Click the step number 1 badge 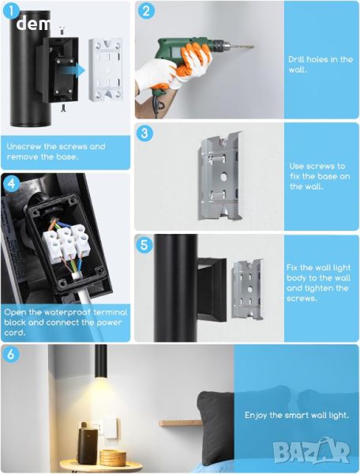(11, 12)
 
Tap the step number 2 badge (146, 11)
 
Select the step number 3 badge (144, 133)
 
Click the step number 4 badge (12, 183)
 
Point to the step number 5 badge (144, 244)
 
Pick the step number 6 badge (11, 354)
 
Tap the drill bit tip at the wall (253, 47)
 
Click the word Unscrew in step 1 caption (24, 147)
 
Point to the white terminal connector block (66, 243)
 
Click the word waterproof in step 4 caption (66, 312)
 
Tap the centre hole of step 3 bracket (223, 176)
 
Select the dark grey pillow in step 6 (216, 427)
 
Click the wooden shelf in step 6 (180, 423)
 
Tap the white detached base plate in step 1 (106, 70)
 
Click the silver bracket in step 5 (248, 289)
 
